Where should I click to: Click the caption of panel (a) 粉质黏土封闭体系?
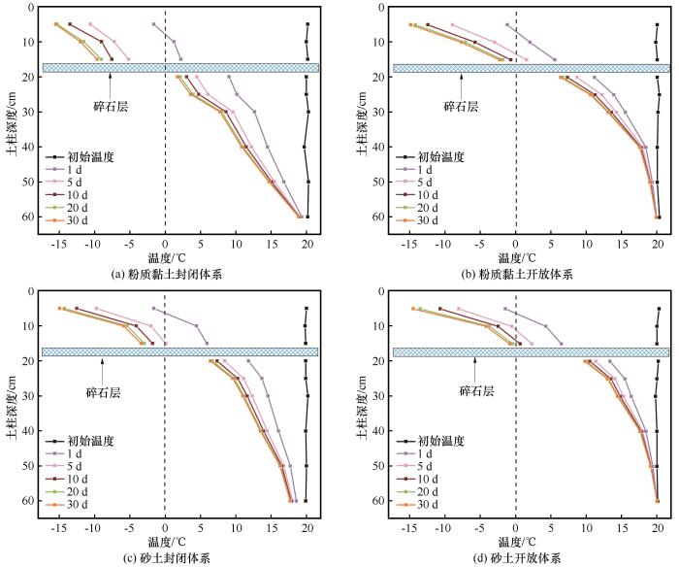[168, 275]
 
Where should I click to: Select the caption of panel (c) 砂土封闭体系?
[168, 558]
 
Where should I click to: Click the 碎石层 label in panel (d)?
[475, 390]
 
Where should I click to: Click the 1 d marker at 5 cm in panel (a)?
[153, 24]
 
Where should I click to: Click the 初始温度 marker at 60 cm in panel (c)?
[306, 501]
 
